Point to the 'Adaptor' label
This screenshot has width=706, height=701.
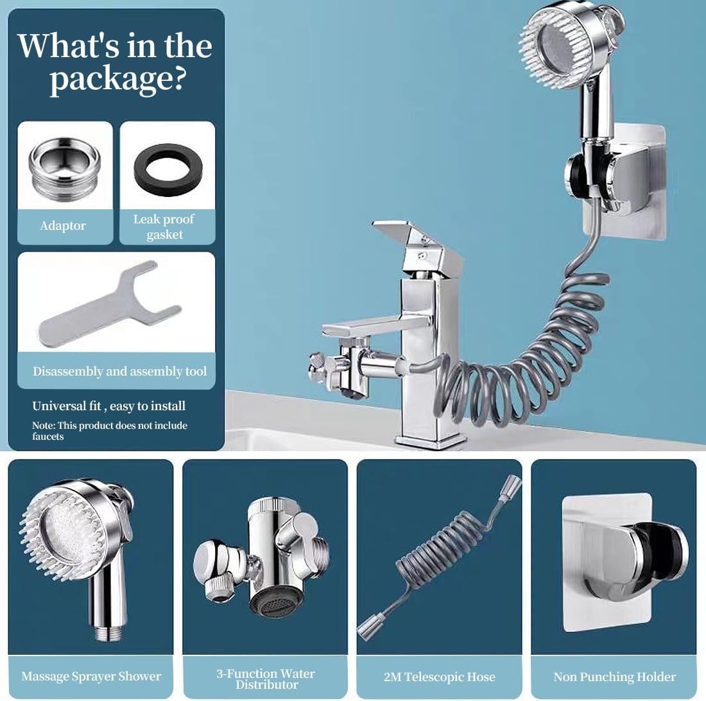[63, 225]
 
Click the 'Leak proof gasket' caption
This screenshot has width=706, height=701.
[164, 227]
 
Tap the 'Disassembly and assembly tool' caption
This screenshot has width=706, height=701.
[120, 372]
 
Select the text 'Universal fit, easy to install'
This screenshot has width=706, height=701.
[109, 406]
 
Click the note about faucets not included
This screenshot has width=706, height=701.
[109, 431]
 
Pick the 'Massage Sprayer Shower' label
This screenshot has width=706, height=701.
[91, 676]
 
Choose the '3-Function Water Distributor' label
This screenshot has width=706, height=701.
[266, 679]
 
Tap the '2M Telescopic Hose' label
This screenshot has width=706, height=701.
[440, 677]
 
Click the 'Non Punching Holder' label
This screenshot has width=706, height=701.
[615, 677]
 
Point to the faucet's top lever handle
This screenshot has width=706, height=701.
[417, 243]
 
